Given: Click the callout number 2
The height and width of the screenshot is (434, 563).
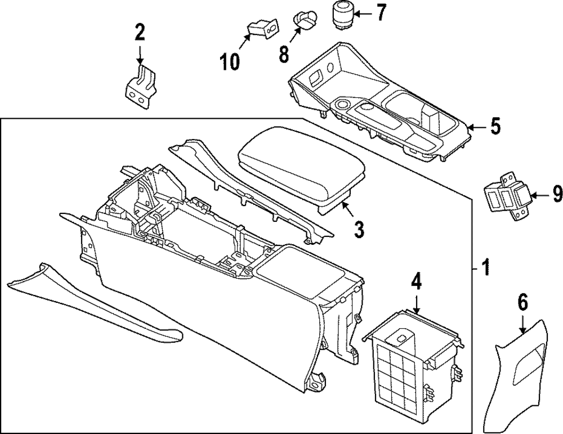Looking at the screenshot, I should (x=139, y=32).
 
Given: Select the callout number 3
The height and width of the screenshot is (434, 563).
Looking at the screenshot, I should (x=359, y=229).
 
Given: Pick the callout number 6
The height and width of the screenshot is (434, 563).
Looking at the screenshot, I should (x=523, y=303).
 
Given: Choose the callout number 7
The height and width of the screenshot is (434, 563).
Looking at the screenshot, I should (x=381, y=12).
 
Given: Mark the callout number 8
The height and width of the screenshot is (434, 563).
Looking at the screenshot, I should (x=283, y=55).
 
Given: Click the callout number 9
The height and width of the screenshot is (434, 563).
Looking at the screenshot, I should (x=557, y=195).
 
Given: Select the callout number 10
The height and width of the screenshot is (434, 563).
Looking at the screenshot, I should (x=230, y=62).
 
